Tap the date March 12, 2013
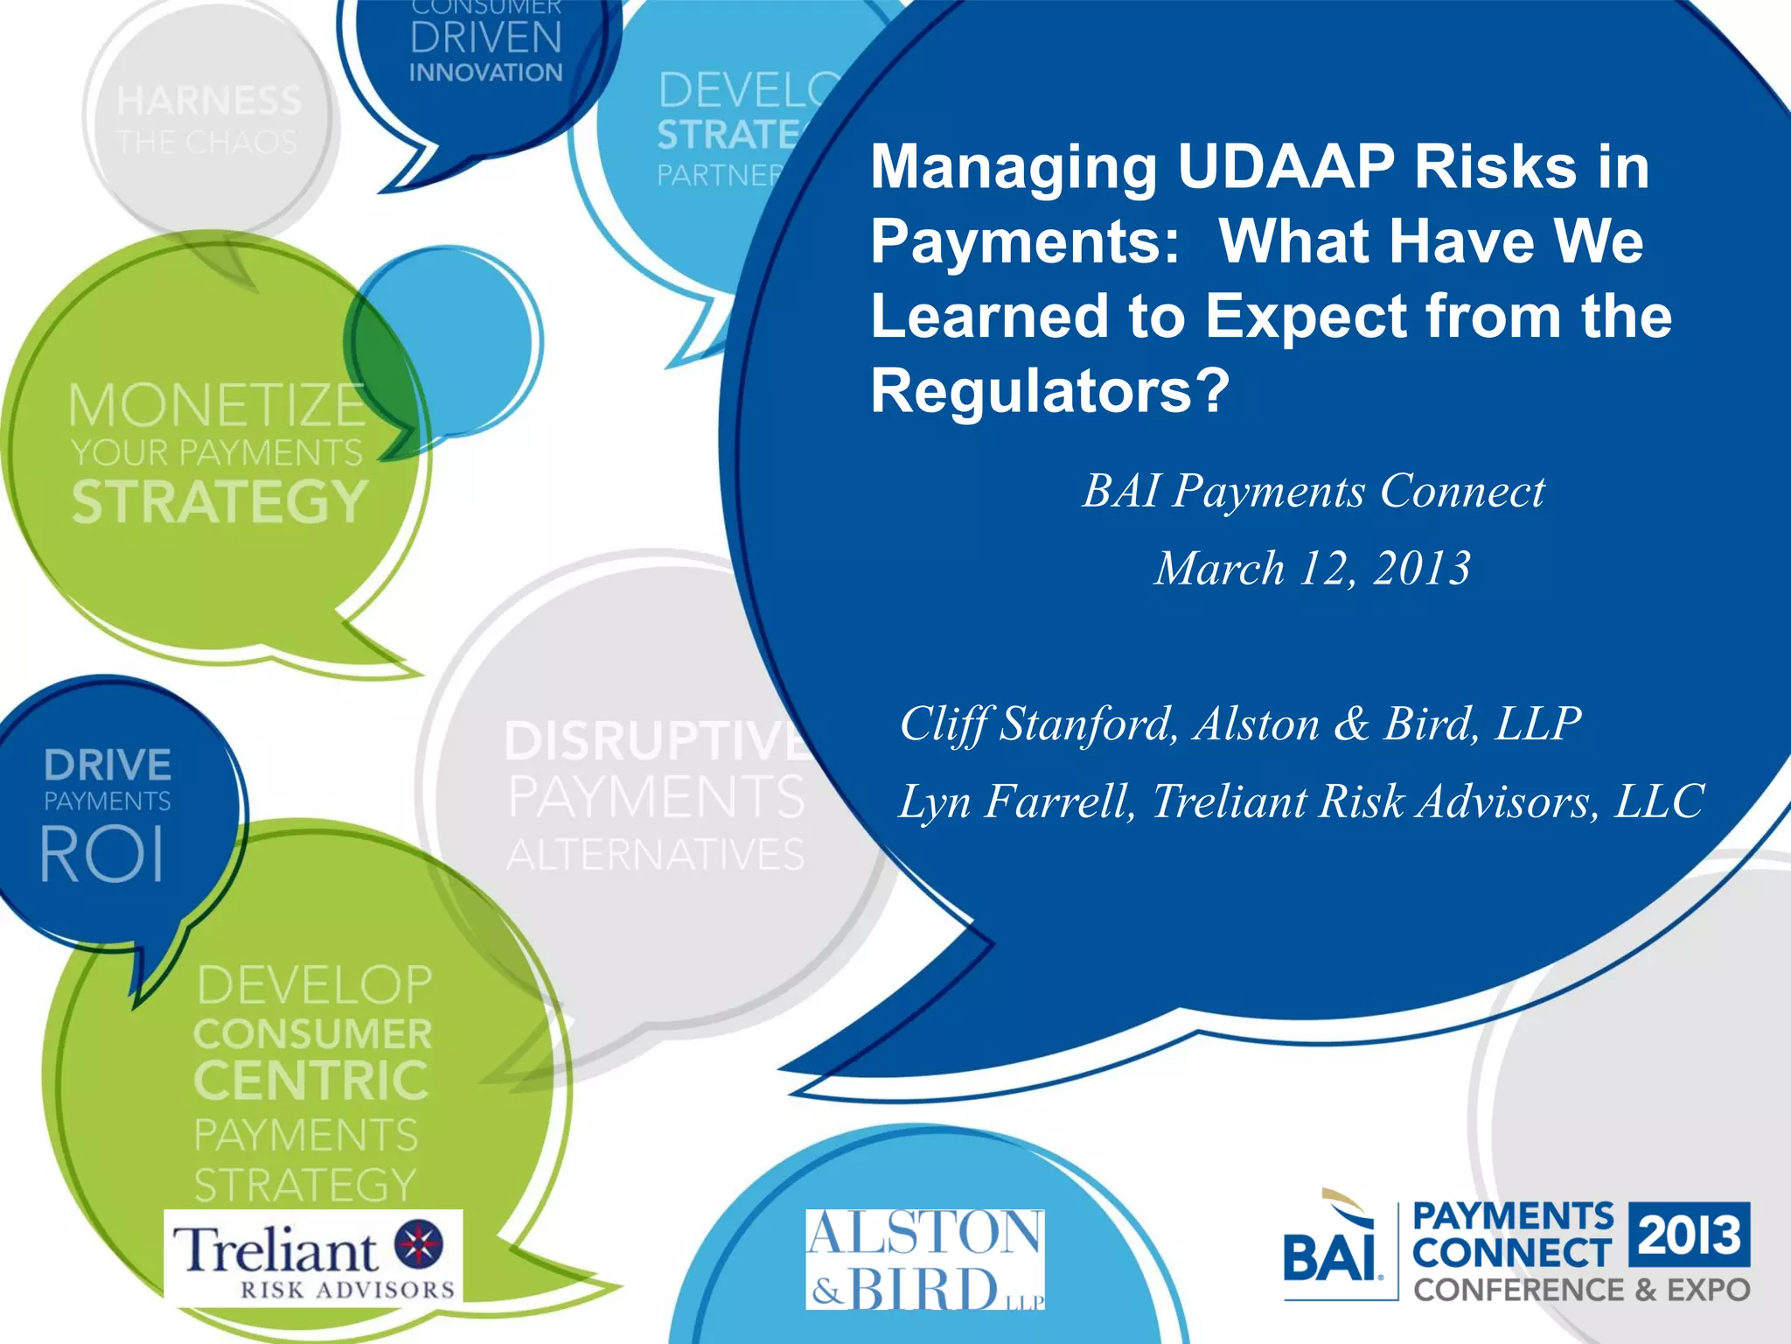[x=1313, y=569]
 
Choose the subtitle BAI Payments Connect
[x=1314, y=491]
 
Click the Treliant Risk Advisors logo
[x=313, y=1256]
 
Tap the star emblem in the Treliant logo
[x=419, y=1244]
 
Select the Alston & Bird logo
[x=924, y=1260]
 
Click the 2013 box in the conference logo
[x=1690, y=1235]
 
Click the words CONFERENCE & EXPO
[x=1582, y=1290]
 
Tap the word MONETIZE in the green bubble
[x=217, y=406]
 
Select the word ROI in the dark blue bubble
[x=102, y=855]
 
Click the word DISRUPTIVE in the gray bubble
[x=656, y=741]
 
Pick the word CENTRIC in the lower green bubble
[x=311, y=1081]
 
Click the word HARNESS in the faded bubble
[x=209, y=101]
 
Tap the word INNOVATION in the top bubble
[x=485, y=73]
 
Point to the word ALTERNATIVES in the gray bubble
[x=655, y=855]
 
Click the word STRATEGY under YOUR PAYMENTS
[x=220, y=502]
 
